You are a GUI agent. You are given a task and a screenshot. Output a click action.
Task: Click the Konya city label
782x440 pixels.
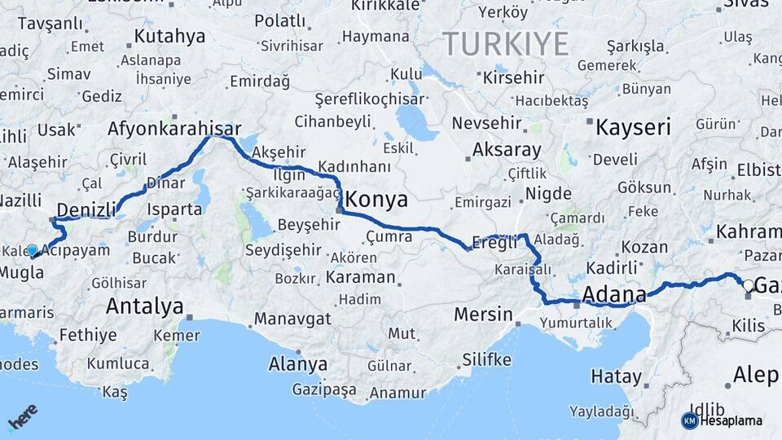tap(377, 200)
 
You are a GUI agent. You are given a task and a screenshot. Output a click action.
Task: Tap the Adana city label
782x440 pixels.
tap(614, 293)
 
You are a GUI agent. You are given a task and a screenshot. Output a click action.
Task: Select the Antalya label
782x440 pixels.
tap(144, 306)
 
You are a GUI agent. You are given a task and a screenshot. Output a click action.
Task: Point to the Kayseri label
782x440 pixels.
tap(633, 127)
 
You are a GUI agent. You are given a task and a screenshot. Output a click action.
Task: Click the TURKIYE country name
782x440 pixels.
tap(505, 43)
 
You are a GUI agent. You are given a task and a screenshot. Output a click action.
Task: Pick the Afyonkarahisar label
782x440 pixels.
tap(174, 129)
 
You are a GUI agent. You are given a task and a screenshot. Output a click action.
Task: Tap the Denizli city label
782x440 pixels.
tap(86, 210)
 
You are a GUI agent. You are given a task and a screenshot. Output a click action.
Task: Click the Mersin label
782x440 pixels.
tap(483, 314)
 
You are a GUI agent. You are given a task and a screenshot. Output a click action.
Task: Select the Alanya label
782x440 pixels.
tap(298, 363)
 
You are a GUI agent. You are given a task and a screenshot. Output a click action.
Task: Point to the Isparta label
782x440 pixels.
tap(174, 209)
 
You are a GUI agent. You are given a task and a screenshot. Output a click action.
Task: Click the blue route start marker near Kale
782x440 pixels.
tap(32, 251)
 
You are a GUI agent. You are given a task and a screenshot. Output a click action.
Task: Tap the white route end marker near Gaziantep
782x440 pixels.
tap(748, 285)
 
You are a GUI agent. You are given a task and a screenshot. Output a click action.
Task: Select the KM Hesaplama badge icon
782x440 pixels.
tap(689, 420)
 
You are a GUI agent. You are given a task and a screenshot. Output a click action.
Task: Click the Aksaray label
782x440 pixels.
tap(507, 150)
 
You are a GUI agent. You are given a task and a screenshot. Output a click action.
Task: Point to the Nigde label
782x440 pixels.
tap(548, 193)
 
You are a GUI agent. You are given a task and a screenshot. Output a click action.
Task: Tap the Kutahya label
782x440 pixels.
tap(169, 36)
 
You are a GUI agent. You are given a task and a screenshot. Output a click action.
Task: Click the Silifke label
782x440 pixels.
tap(486, 359)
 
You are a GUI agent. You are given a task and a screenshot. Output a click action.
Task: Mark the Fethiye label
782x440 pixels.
tap(87, 334)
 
